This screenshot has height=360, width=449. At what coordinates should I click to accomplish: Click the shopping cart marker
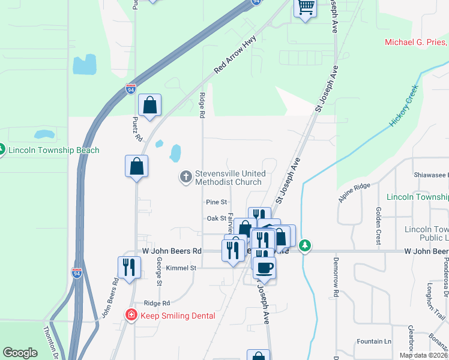coord(306,8)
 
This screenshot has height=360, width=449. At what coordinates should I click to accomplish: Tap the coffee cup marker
coord(264,268)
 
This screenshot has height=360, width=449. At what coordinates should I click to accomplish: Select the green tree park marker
coord(306,245)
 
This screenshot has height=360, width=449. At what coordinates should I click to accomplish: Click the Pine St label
coord(216,203)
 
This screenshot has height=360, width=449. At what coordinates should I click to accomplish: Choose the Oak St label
coord(216,218)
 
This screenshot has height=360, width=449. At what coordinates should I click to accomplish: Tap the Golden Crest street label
coord(378,226)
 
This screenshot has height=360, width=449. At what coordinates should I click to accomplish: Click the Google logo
coord(20,353)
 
